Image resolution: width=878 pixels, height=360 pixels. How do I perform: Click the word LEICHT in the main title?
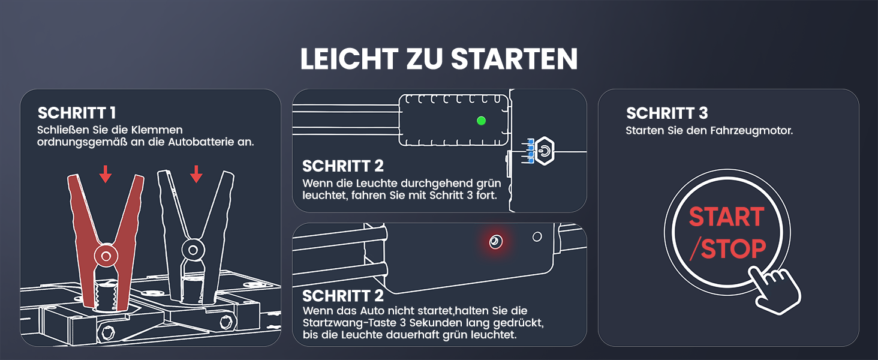click(x=349, y=59)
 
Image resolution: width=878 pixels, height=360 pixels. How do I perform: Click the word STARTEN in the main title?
click(x=514, y=59)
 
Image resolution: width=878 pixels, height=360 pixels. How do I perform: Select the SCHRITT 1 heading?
click(x=77, y=113)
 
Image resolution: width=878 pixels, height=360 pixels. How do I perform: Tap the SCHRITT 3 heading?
click(x=667, y=113)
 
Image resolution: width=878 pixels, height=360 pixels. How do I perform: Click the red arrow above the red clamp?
click(x=105, y=174)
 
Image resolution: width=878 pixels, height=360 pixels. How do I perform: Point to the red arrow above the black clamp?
click(x=196, y=174)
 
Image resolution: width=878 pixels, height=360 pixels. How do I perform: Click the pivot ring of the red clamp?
click(x=106, y=256)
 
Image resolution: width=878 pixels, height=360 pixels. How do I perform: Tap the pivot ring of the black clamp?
click(x=193, y=250)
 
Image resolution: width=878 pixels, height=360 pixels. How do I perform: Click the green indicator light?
click(x=482, y=121)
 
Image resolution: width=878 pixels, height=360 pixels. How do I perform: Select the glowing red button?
click(x=495, y=241)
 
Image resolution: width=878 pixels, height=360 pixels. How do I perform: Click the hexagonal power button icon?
click(x=545, y=151)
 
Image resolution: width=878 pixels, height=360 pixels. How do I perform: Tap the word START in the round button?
click(x=727, y=217)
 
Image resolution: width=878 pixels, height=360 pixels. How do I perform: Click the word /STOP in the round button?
click(x=728, y=248)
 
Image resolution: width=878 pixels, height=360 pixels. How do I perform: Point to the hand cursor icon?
click(x=774, y=290)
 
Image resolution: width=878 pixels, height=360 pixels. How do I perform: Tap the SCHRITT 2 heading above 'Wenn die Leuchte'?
click(x=343, y=166)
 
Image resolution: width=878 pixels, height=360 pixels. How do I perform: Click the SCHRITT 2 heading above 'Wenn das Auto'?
click(x=343, y=296)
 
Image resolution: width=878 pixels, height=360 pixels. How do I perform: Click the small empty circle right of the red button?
click(x=537, y=236)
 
